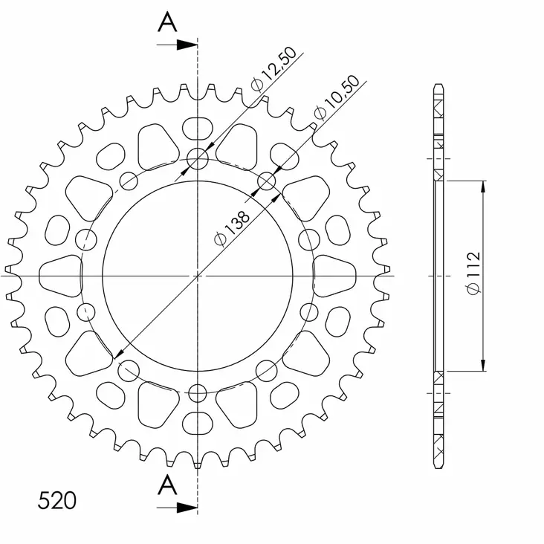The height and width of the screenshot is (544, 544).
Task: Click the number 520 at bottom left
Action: [x=56, y=500]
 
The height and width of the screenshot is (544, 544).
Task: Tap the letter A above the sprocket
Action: [x=168, y=24]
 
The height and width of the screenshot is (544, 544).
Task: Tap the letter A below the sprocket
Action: [x=168, y=486]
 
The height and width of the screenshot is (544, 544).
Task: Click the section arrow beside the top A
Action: [x=178, y=45]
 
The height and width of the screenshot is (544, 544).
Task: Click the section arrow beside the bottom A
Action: [x=178, y=508]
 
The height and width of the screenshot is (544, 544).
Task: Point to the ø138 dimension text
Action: [x=232, y=226]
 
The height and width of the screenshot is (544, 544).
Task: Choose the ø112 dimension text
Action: [x=473, y=273]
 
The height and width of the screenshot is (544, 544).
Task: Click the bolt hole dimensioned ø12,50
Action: [x=198, y=158]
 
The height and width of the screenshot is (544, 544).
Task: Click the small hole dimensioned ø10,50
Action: [x=267, y=181]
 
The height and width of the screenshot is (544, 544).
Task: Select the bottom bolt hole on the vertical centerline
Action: [x=198, y=392]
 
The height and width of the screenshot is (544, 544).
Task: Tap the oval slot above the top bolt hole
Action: [x=197, y=127]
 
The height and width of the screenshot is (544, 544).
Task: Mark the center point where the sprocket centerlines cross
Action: [x=198, y=275]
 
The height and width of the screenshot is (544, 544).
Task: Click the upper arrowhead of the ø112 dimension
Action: [x=484, y=187]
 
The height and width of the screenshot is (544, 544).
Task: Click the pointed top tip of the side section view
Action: [x=440, y=84]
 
